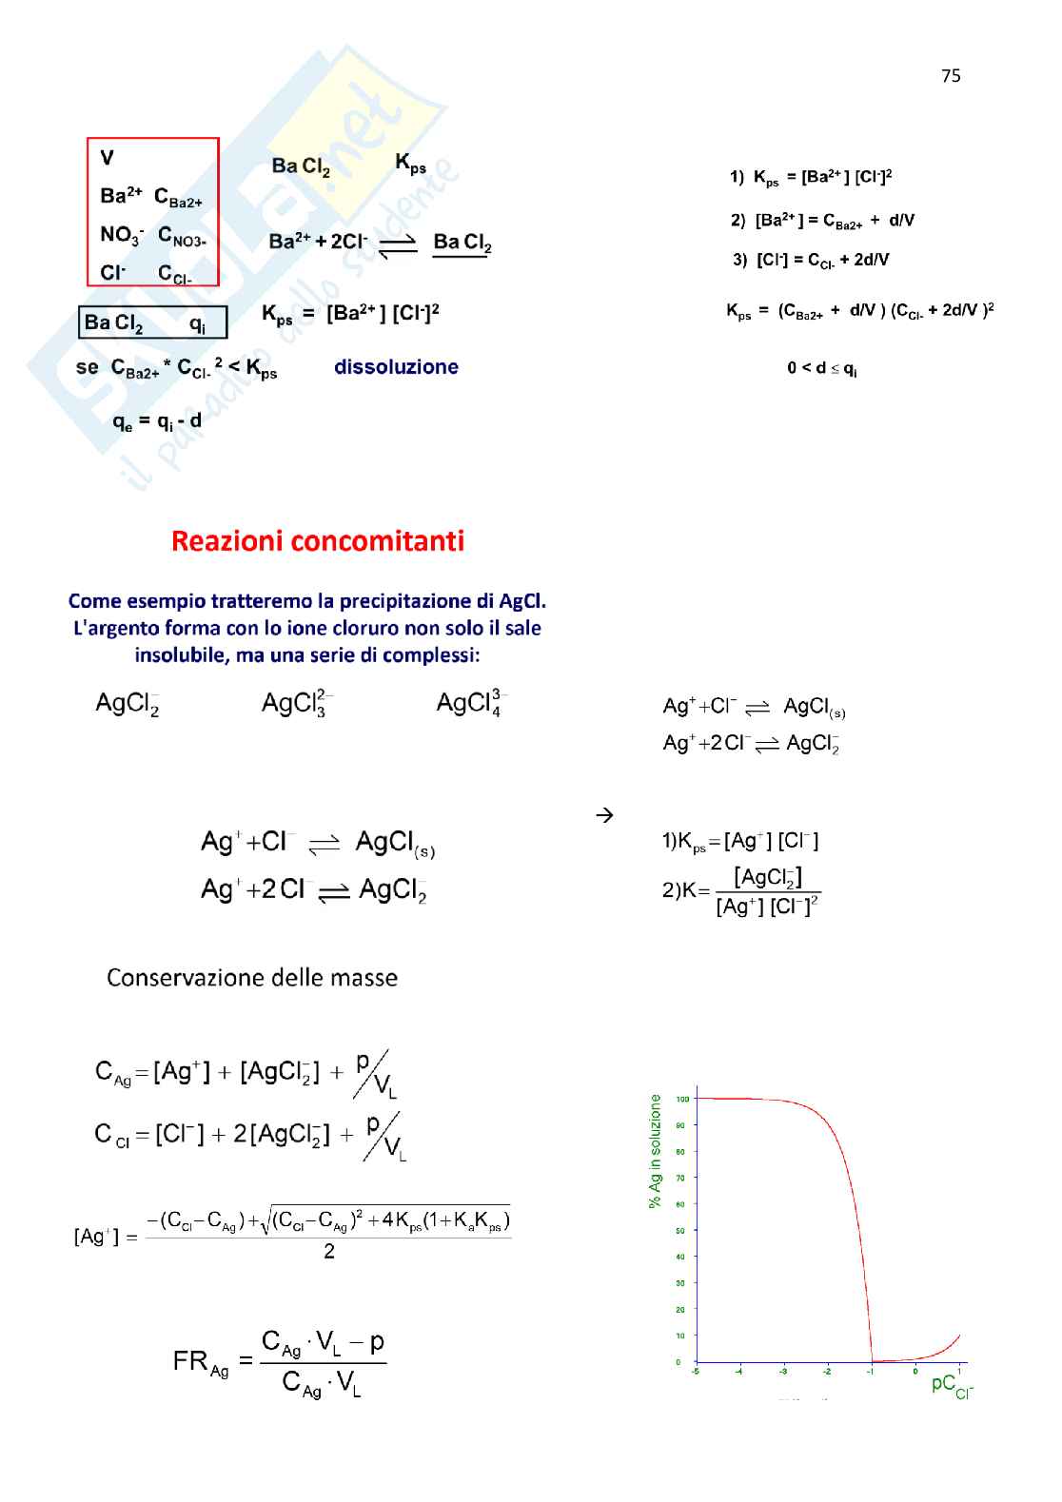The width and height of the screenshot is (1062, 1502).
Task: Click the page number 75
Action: coord(950,76)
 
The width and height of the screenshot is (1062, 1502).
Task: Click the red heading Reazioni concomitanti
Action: coord(318,540)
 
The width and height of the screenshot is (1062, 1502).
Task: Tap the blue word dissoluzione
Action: coord(396,367)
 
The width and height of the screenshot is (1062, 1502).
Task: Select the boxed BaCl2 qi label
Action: coord(152,322)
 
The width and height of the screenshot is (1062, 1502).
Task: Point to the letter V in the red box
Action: coord(108,158)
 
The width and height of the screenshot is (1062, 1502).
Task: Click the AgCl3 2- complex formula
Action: coord(295,703)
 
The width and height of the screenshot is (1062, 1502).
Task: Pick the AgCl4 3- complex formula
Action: coord(470,703)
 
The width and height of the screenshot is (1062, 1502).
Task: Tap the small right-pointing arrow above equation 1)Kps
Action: coord(603,815)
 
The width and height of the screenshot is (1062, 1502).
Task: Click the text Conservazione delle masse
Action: coord(252,978)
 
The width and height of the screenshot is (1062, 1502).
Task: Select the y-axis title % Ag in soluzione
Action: coord(655,1150)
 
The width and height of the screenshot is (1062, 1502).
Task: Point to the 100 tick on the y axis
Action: coord(682,1099)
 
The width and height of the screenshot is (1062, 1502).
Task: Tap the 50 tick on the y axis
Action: coord(680,1231)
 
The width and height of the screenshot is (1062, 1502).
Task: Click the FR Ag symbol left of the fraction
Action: coord(201,1362)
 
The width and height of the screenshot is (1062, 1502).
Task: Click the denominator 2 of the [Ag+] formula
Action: coord(329,1252)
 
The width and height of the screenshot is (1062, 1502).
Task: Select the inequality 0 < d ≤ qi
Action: coord(821,368)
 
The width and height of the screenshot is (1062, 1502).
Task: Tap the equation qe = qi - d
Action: coord(157,420)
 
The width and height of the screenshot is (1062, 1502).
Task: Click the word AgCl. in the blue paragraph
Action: coord(522,601)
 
